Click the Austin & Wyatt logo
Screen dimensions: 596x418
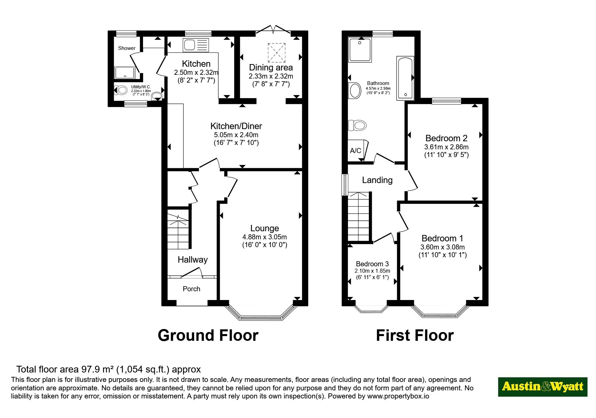[x=542, y=387]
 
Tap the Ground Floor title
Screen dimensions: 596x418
[x=208, y=335]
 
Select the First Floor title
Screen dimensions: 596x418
[x=415, y=335]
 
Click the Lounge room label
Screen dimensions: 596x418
[x=265, y=228]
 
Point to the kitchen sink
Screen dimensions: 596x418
[x=196, y=45]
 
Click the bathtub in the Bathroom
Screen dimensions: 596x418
[x=405, y=78]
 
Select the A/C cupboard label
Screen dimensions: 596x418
[x=355, y=150]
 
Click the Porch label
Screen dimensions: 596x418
[x=191, y=289]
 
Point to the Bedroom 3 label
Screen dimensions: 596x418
[x=372, y=264]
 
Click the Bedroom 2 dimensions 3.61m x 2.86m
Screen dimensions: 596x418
[x=446, y=147]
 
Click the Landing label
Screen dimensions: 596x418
[x=377, y=180]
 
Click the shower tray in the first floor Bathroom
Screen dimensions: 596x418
[x=360, y=50]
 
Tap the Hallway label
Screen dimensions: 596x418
[x=192, y=260]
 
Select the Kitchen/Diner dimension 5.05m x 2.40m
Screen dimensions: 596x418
[x=236, y=135]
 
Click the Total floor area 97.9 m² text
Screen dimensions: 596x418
[x=109, y=369]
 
